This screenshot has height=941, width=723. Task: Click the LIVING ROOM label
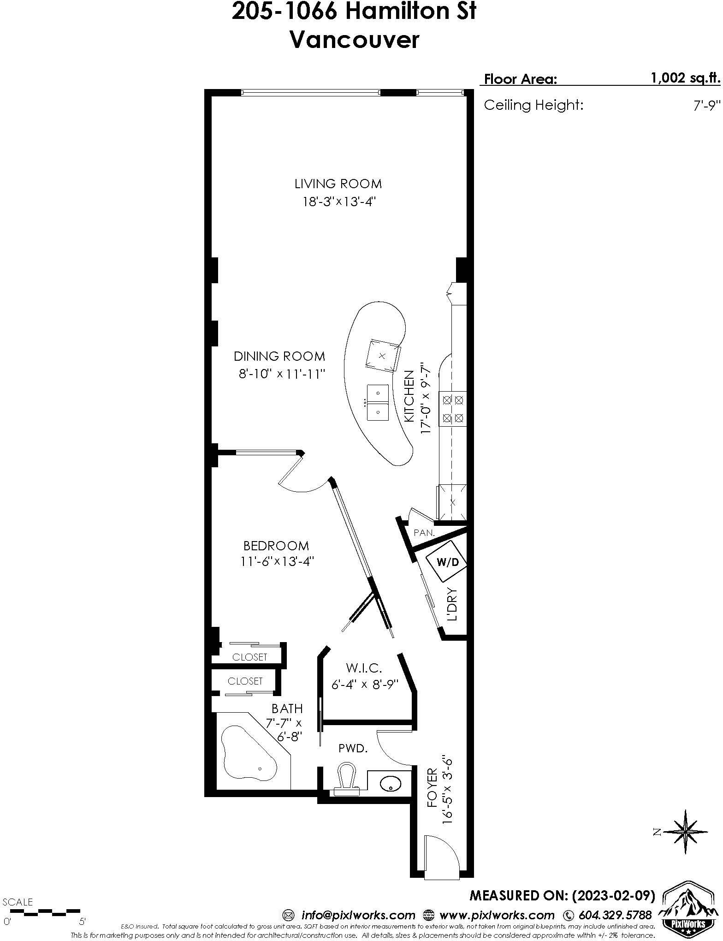coord(338,184)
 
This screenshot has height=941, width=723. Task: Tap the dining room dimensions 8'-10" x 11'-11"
coord(282,374)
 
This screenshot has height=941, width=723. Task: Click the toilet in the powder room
coord(347,779)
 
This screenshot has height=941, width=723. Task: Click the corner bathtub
coord(249,758)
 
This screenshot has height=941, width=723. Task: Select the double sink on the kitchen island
coord(378,401)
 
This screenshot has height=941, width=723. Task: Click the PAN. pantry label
coord(424,532)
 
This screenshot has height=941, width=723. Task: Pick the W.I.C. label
coord(364,667)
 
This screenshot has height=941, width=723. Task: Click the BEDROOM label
coord(276,546)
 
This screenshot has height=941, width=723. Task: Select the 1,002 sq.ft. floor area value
coord(685,78)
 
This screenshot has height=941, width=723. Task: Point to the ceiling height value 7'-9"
coord(706,106)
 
